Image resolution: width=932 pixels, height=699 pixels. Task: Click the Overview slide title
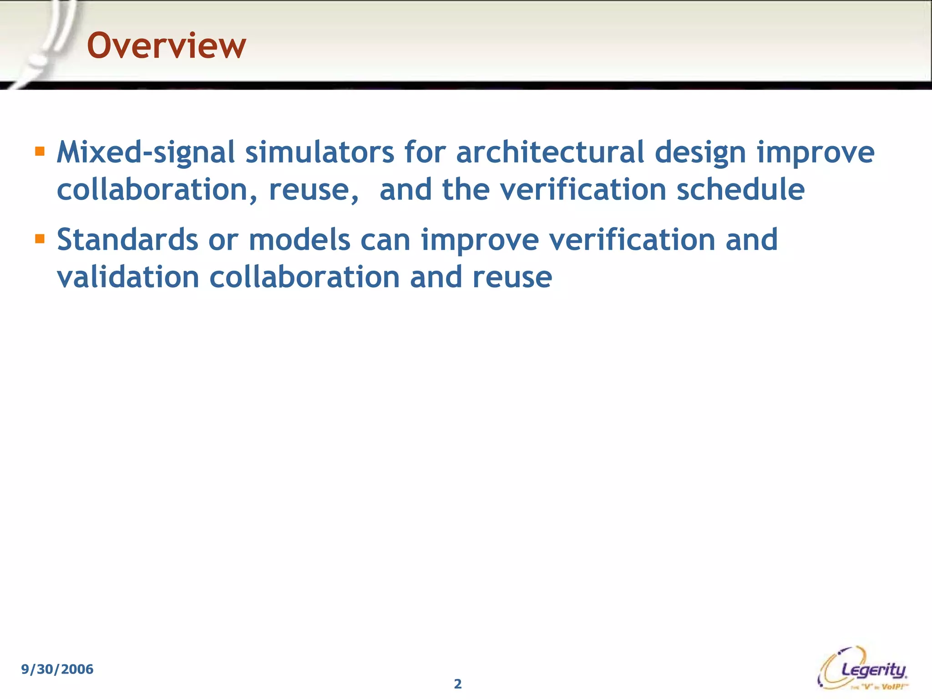[x=166, y=46]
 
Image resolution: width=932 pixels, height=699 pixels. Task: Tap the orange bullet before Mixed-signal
[x=40, y=151]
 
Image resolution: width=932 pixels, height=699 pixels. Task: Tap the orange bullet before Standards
[x=40, y=238]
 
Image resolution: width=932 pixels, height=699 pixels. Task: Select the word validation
[x=128, y=277]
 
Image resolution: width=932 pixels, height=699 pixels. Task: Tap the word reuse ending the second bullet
[x=512, y=278]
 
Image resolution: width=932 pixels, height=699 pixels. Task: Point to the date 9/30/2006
[x=57, y=669]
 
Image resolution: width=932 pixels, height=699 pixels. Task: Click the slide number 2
[x=458, y=684]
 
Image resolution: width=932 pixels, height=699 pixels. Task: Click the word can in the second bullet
[x=385, y=240]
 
